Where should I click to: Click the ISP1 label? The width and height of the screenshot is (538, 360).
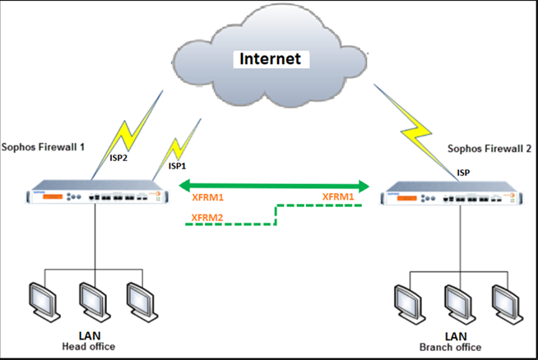(x=178, y=165)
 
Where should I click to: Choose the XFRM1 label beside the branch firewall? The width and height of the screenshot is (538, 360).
(x=339, y=197)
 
